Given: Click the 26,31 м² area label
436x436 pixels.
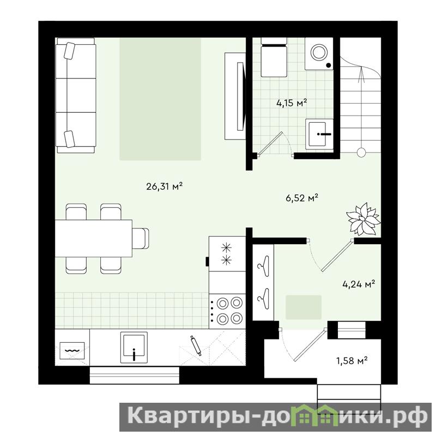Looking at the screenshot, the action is (x=164, y=186).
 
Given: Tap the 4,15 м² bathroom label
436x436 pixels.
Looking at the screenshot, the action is (x=292, y=103).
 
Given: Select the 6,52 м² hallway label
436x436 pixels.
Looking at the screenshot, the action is (x=302, y=198).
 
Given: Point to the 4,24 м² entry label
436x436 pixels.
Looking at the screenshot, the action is (x=359, y=284).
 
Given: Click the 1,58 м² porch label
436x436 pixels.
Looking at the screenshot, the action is (x=352, y=361).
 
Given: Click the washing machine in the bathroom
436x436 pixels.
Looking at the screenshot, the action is (x=319, y=53).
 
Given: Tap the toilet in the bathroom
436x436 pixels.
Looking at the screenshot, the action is (x=274, y=57).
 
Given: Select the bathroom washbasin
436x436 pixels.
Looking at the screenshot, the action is (x=319, y=134).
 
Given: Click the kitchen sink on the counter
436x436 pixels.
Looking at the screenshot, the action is (x=134, y=347).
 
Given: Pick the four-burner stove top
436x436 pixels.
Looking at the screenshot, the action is (x=227, y=311).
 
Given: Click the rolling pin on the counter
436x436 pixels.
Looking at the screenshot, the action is (x=196, y=346).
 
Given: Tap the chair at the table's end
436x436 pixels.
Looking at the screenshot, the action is (x=141, y=238).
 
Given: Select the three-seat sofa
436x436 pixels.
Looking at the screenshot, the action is (x=76, y=95).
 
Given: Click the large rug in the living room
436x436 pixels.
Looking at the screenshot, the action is (x=160, y=99).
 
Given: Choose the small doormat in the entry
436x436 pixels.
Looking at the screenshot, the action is (x=304, y=307).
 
